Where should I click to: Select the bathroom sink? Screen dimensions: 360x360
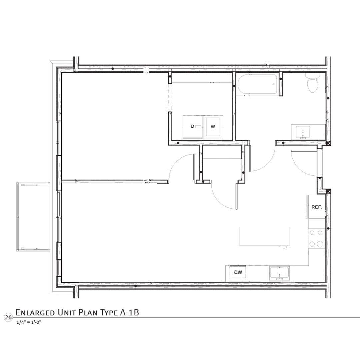pyautogui.click(x=303, y=132)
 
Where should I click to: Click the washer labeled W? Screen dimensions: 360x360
pyautogui.click(x=213, y=127)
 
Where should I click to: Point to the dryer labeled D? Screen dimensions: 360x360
pyautogui.click(x=193, y=127)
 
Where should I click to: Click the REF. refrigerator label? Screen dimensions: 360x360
pyautogui.click(x=316, y=207)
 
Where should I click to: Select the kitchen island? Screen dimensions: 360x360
pyautogui.click(x=265, y=236)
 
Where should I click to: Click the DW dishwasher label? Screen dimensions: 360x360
pyautogui.click(x=238, y=272)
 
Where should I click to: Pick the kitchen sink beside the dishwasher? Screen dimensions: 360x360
pyautogui.click(x=279, y=273)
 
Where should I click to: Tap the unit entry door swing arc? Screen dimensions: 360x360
pyautogui.click(x=300, y=163)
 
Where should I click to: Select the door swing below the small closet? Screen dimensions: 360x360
pyautogui.click(x=222, y=198)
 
